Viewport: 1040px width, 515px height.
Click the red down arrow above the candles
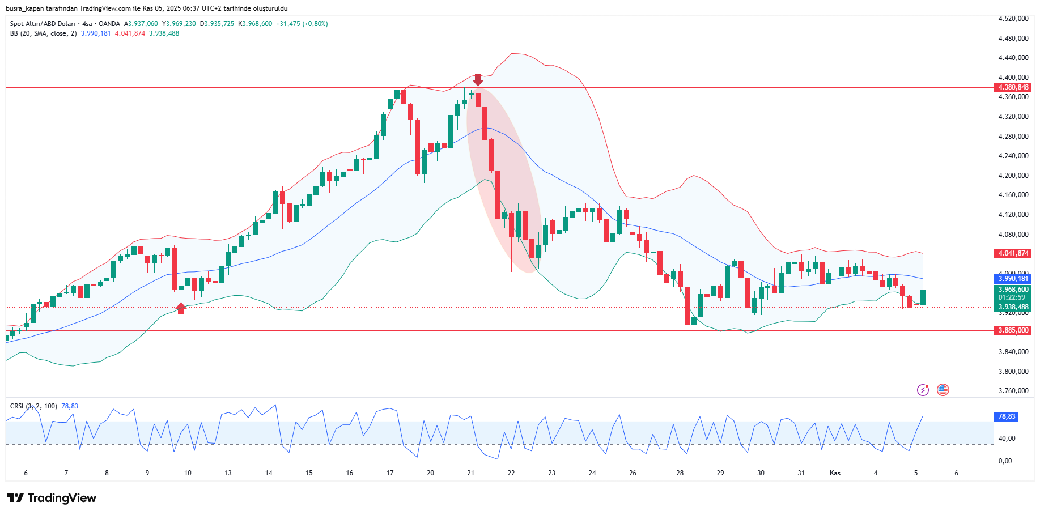(478, 80)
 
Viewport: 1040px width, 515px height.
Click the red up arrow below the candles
(181, 308)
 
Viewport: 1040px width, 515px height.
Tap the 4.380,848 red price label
(1013, 87)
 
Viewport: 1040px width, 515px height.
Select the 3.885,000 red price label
(1013, 330)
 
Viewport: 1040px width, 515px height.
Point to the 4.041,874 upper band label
(1013, 253)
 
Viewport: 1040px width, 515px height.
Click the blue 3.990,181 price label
(1013, 279)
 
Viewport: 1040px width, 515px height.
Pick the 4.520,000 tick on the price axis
(1013, 19)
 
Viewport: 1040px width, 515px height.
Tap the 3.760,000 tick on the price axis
(1013, 391)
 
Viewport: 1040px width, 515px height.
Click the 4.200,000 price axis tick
(1013, 176)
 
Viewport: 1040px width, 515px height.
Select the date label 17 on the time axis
(390, 473)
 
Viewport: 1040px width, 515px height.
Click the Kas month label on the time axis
(835, 473)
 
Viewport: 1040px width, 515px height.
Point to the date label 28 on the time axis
(680, 473)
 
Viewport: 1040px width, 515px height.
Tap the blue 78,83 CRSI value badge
(1007, 416)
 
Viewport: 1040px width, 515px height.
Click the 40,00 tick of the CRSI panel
(1007, 439)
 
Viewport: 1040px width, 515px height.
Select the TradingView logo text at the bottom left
(52, 498)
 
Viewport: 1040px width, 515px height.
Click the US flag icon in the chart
(943, 390)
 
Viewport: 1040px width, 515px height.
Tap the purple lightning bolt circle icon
(923, 390)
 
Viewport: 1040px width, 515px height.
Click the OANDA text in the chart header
(109, 24)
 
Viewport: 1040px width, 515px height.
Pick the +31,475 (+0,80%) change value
(302, 24)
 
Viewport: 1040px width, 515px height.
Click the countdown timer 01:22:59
(1012, 297)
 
